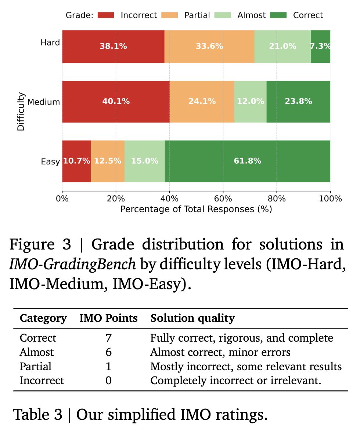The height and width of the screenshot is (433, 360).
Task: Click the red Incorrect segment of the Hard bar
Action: click(113, 46)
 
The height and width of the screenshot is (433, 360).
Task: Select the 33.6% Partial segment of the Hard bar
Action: click(209, 46)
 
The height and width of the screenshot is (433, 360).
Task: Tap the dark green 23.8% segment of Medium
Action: click(298, 101)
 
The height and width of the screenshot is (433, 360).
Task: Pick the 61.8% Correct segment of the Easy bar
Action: click(247, 161)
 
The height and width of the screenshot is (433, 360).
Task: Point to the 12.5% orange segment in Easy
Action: click(108, 161)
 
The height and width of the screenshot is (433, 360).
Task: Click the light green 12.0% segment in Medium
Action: click(250, 101)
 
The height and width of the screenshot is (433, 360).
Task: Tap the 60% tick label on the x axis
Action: click(223, 199)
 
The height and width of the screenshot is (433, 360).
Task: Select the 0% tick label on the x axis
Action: click(62, 199)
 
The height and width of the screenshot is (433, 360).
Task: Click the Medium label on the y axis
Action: click(43, 102)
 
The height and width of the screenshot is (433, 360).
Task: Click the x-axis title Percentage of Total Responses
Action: click(196, 209)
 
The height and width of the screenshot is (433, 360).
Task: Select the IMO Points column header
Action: click(108, 318)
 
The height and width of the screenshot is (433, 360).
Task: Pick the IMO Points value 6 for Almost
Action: click(108, 352)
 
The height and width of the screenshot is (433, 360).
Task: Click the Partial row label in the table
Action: click(36, 366)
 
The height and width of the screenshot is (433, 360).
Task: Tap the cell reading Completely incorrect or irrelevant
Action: click(235, 381)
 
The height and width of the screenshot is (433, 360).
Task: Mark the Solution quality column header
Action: click(192, 318)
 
